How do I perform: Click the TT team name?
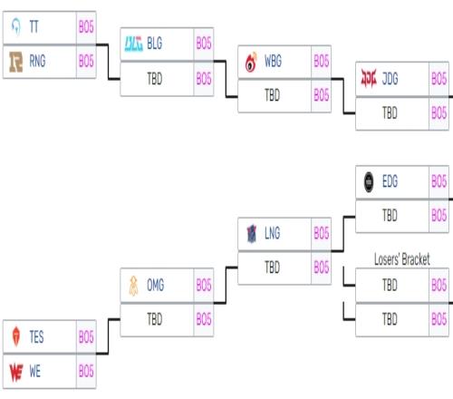coord(34,27)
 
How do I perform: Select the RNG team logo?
coord(16,62)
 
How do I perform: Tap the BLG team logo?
coord(134,44)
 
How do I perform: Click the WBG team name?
coord(273,61)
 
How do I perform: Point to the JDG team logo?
coord(369,78)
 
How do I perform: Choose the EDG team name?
coord(390,181)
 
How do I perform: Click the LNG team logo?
coord(251,234)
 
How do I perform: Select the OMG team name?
coord(156,285)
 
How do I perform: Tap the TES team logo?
coord(16,336)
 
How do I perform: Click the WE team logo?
coord(16,372)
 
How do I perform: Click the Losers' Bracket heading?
coord(402,259)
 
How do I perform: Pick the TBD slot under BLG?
coord(155,79)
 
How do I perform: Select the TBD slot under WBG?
coord(272,95)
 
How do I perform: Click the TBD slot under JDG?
coord(390,113)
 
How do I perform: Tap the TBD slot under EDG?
coord(390,216)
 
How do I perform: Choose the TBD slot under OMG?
coord(155,319)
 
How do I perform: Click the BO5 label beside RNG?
coord(86,62)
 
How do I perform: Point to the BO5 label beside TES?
coord(86,337)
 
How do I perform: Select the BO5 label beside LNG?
coord(322,233)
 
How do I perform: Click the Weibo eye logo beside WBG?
coord(251,63)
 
